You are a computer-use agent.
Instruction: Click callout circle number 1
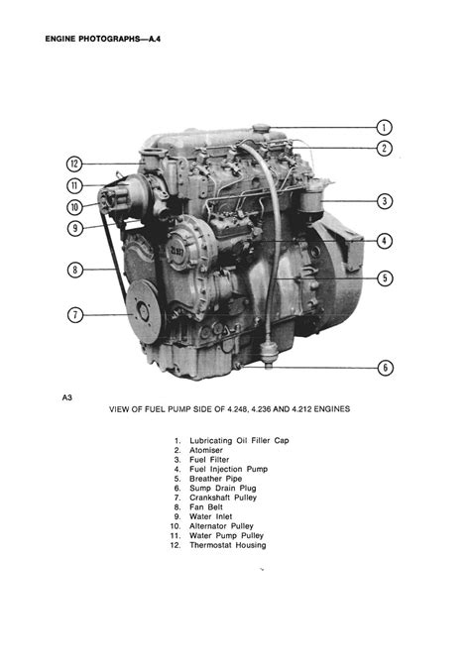tap(385, 127)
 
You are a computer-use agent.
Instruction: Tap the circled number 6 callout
tap(386, 368)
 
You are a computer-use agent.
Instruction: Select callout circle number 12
tap(74, 164)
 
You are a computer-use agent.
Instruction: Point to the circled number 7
tap(75, 315)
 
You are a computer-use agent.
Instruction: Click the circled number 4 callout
tap(385, 241)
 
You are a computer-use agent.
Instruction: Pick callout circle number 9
tap(75, 229)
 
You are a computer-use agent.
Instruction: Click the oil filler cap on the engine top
tap(261, 128)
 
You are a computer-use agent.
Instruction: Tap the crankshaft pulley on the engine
tap(144, 311)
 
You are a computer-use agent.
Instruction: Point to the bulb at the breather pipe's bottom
tap(269, 352)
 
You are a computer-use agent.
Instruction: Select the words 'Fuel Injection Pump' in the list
tap(228, 469)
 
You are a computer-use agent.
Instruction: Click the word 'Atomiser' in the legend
tap(206, 450)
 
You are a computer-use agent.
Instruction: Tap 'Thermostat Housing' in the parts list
tap(228, 545)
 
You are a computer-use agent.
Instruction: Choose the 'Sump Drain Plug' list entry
tap(223, 489)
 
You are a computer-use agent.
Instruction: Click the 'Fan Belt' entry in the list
tap(206, 506)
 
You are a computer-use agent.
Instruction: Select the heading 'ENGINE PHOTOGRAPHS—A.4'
tap(102, 39)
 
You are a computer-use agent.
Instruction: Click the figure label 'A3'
tap(67, 397)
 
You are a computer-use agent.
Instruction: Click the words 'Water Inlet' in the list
tap(210, 516)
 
